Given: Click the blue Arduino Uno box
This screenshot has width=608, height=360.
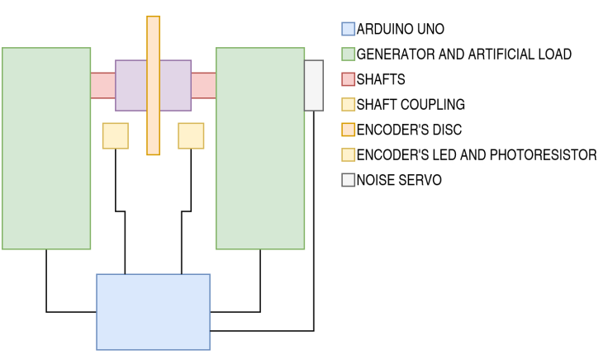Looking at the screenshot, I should (x=153, y=312).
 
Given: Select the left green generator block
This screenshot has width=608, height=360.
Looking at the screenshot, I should (x=46, y=149).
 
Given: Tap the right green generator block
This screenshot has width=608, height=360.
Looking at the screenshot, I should (x=260, y=149).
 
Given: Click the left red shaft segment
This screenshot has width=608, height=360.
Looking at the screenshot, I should (x=102, y=86).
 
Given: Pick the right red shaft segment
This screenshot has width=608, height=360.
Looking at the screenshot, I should (x=203, y=86).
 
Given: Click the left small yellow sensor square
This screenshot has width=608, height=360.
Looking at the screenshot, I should (x=116, y=136).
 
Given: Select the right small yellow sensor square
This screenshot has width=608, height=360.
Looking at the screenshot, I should (x=191, y=136).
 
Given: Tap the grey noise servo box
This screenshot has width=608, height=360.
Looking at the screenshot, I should (x=314, y=85).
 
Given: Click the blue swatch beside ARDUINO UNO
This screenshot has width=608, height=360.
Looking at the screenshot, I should (x=348, y=30).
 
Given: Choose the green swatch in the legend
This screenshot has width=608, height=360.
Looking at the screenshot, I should (x=348, y=54).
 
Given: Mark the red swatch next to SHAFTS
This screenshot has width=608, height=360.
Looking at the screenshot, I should (x=348, y=80).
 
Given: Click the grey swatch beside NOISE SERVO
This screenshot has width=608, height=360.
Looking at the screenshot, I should (x=348, y=180).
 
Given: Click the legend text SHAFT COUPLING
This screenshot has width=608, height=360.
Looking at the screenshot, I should (x=411, y=105).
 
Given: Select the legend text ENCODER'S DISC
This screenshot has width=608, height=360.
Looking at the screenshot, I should (x=409, y=130).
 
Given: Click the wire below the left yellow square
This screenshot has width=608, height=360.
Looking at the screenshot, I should (x=116, y=182).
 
